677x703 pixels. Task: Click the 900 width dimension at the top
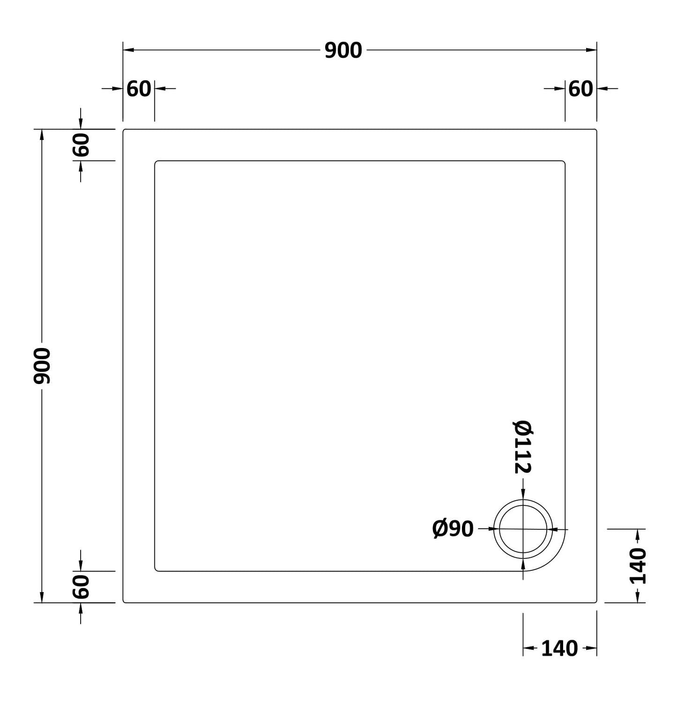(x=343, y=51)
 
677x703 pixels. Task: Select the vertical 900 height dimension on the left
(x=42, y=366)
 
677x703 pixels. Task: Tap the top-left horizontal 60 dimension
(x=139, y=89)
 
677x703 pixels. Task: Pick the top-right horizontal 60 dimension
(x=580, y=89)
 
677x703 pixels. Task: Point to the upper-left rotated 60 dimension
(x=81, y=145)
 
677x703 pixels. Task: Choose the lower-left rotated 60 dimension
(x=81, y=587)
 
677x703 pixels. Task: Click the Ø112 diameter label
(x=523, y=447)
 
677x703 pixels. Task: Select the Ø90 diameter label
(x=453, y=529)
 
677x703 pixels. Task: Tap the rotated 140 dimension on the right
(x=637, y=566)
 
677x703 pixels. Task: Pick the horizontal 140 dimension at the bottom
(x=559, y=649)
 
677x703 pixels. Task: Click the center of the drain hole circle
(x=523, y=529)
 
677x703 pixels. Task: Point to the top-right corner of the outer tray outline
(x=595, y=130)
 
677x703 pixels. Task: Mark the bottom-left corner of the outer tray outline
(x=124, y=601)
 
